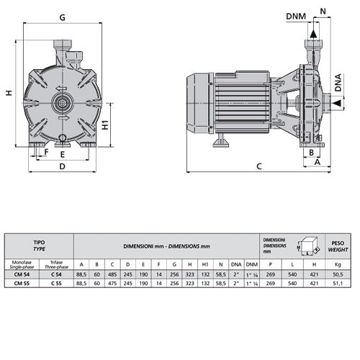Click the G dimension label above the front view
63,17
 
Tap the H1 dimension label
105,125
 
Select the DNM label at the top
296,17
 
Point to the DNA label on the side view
338,83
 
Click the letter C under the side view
259,166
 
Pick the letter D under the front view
62,166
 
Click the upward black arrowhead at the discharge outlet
313,34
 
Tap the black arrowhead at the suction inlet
337,103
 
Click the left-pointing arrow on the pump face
61,89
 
